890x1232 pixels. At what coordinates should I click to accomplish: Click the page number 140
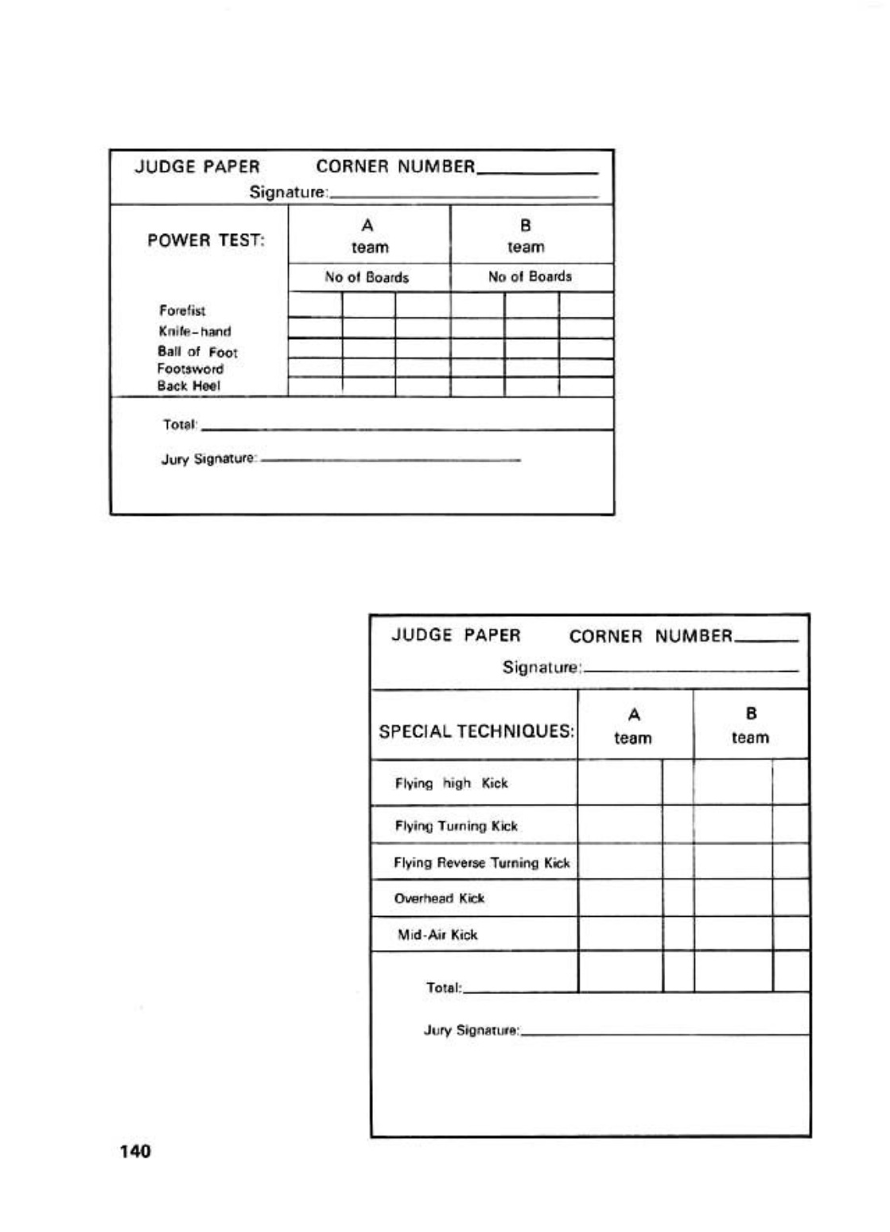(x=134, y=1151)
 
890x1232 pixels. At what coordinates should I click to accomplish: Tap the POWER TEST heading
(x=206, y=240)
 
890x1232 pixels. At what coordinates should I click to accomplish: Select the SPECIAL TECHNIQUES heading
(x=476, y=731)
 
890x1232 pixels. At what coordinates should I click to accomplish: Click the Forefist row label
(x=182, y=310)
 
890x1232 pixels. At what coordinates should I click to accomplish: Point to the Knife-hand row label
(x=194, y=331)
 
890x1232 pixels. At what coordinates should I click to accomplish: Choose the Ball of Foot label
(x=197, y=352)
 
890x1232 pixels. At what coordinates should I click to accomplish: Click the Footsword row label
(x=190, y=368)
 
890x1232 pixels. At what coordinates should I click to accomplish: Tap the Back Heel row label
(x=188, y=386)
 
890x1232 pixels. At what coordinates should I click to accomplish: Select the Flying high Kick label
(x=451, y=783)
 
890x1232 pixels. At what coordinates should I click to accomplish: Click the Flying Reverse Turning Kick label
(x=482, y=863)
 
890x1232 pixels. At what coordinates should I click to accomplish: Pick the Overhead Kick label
(x=439, y=899)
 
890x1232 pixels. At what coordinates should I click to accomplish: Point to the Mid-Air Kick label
(x=437, y=935)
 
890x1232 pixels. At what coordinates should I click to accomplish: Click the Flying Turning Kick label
(x=456, y=826)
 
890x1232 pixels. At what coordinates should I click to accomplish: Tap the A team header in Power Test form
(x=369, y=236)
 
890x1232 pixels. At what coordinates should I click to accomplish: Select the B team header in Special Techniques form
(x=750, y=725)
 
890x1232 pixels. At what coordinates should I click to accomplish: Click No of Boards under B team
(x=530, y=277)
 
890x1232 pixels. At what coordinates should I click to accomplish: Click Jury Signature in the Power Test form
(x=209, y=459)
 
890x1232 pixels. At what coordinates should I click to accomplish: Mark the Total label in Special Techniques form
(x=444, y=988)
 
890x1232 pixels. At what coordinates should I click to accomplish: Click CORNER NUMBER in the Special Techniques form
(x=651, y=636)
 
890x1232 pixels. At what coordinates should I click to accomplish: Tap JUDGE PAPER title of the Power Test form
(x=197, y=167)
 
